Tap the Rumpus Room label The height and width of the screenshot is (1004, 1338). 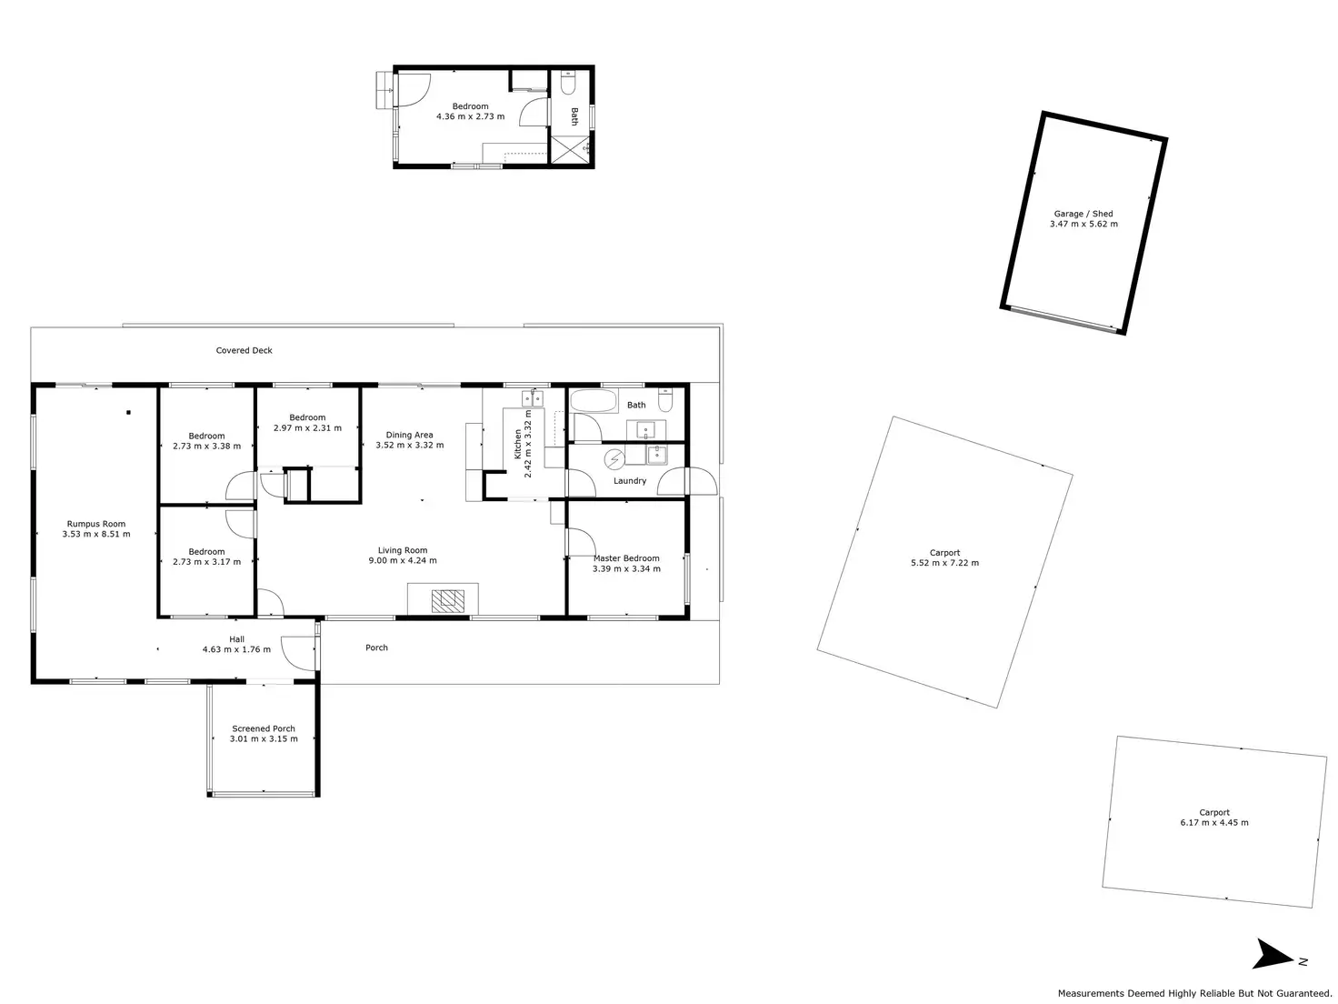point(96,524)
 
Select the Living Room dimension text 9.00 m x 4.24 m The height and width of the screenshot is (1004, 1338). point(403,561)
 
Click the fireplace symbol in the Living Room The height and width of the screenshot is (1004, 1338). point(447,599)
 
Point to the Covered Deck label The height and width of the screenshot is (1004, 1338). point(244,350)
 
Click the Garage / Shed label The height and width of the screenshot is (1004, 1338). point(1083,214)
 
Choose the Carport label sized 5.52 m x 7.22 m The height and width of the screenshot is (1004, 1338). point(944,552)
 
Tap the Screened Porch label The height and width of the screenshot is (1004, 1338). point(264,728)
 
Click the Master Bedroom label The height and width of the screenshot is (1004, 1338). point(626,558)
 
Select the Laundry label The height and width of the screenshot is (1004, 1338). point(629,480)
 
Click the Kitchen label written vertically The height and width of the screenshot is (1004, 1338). point(518,444)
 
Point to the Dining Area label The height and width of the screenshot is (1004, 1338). point(409,435)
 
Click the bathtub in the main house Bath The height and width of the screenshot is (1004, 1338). point(594,400)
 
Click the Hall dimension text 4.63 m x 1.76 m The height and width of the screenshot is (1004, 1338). point(236,649)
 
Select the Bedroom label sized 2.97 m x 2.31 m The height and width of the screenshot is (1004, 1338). point(307,417)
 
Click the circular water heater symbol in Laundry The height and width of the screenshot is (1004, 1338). point(615,457)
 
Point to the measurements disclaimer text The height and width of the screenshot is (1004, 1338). point(1194,993)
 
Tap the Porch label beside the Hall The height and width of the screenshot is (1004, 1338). point(376,648)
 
